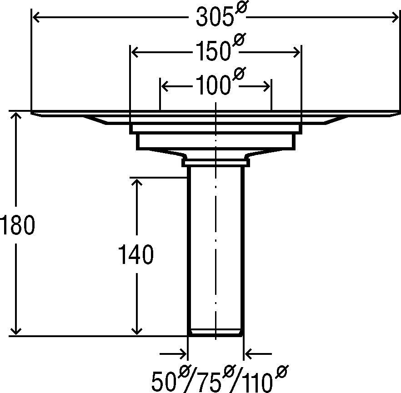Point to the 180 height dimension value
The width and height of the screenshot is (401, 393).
17,225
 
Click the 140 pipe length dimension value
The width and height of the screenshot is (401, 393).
135,254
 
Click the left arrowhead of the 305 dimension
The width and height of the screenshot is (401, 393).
36,18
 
